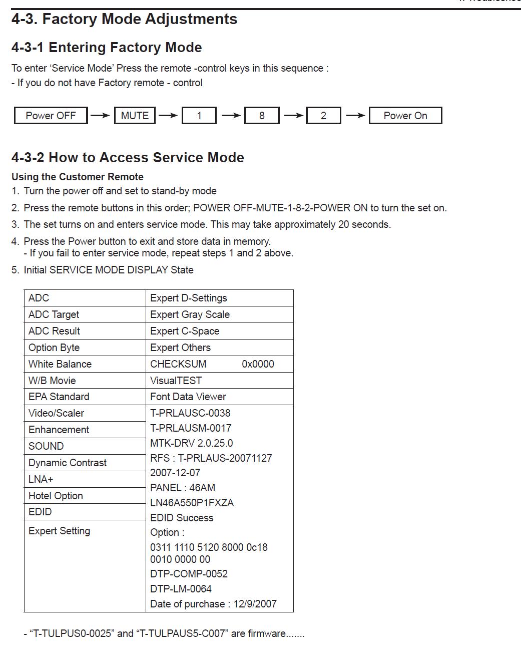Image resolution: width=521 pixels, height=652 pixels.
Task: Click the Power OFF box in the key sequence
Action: [x=51, y=116]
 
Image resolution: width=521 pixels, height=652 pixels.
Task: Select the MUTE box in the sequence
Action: [x=135, y=116]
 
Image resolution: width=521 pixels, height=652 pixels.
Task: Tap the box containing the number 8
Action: [x=262, y=116]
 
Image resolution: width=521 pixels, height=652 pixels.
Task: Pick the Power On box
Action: [x=405, y=116]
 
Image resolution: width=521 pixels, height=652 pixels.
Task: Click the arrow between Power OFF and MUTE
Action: [x=100, y=116]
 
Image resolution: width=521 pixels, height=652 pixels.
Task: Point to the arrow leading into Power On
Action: [x=355, y=116]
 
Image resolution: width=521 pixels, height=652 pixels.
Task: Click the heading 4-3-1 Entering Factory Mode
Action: [x=107, y=48]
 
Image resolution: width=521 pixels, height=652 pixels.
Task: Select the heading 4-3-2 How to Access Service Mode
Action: [x=128, y=158]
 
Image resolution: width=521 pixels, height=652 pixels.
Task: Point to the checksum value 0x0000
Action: [x=258, y=364]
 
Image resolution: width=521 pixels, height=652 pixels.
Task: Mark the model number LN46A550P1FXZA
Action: [x=192, y=503]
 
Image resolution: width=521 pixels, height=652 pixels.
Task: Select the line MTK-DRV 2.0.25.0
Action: [x=191, y=443]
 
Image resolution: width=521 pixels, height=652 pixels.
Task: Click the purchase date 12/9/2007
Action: [x=255, y=604]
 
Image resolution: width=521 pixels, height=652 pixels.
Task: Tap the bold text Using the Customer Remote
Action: [x=78, y=177]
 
